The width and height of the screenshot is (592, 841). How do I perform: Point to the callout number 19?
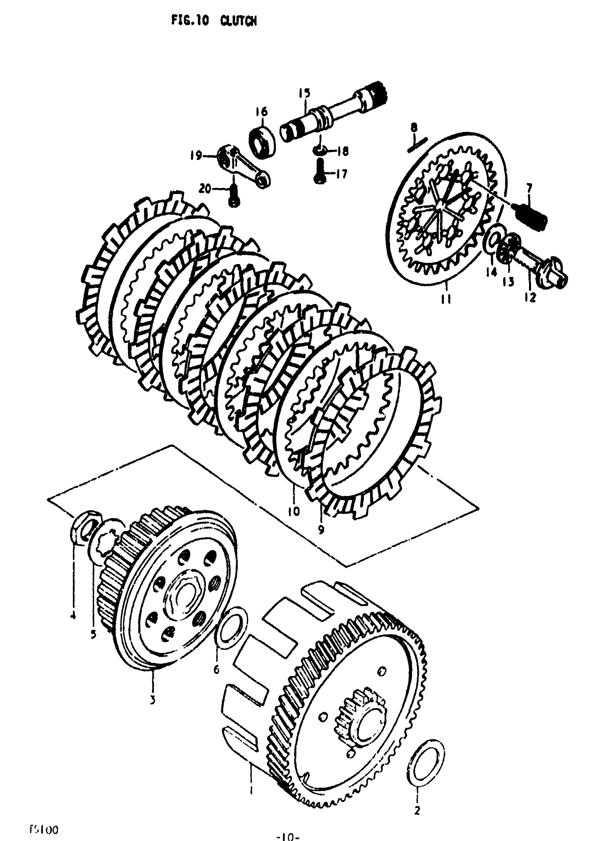click(x=196, y=156)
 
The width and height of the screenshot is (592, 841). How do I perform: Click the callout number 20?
click(x=205, y=189)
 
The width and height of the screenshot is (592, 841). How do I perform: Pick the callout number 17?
click(x=341, y=174)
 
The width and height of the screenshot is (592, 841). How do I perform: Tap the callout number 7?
click(x=529, y=189)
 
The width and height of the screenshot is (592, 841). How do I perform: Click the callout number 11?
click(x=445, y=299)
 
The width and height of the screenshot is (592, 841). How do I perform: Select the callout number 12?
click(x=530, y=297)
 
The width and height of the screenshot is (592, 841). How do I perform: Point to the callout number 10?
click(x=294, y=511)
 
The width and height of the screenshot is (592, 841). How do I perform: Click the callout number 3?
click(x=153, y=700)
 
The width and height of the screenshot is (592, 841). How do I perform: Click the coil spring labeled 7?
click(x=531, y=214)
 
